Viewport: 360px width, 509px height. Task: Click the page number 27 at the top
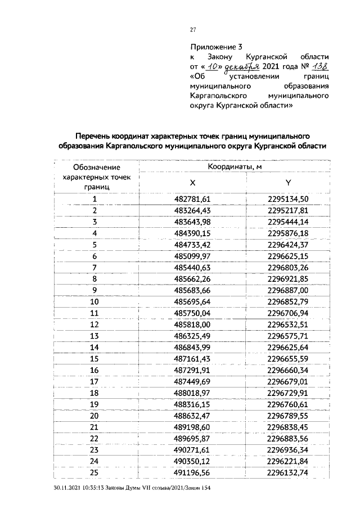point(192,29)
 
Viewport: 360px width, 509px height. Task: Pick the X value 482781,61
point(192,199)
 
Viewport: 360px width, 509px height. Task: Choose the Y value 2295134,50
point(288,199)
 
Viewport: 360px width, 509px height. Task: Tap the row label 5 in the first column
point(94,244)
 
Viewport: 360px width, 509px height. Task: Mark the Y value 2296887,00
point(288,290)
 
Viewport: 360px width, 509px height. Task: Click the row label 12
point(94,324)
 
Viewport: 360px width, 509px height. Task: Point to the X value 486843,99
point(192,347)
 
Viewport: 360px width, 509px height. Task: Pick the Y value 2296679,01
point(288,381)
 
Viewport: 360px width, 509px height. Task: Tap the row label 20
point(94,416)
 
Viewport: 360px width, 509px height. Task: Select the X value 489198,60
point(192,427)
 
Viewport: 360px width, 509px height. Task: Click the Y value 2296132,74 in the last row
point(288,472)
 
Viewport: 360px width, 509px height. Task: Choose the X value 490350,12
point(192,461)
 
